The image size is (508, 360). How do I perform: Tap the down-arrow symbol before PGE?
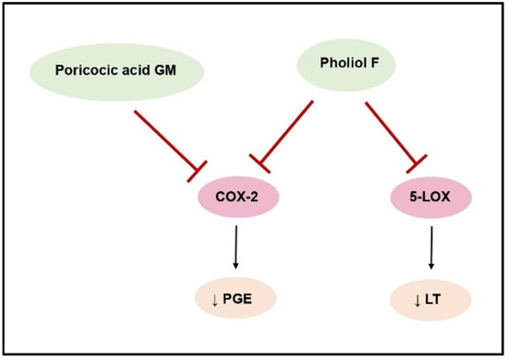[214, 297]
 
